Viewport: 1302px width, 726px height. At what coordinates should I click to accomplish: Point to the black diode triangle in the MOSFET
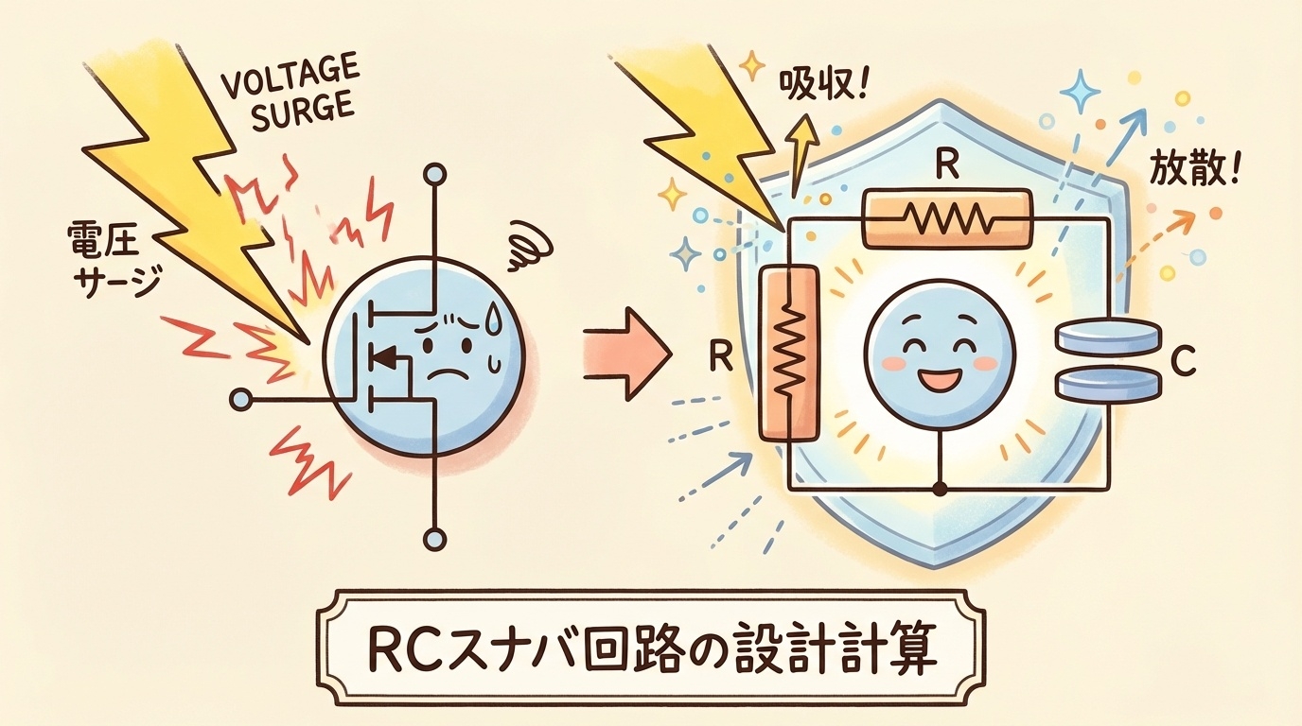[383, 358]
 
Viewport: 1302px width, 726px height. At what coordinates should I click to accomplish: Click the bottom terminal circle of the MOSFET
[434, 540]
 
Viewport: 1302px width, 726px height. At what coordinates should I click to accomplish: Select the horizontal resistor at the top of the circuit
[946, 218]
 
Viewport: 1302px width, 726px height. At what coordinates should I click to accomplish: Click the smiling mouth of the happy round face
[937, 381]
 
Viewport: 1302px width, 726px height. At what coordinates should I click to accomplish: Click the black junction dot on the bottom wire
[940, 489]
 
